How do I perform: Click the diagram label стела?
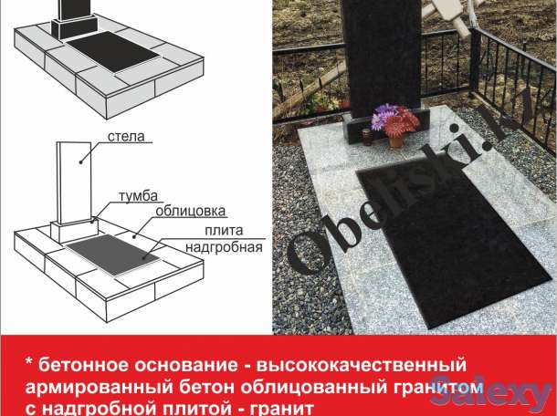[126, 137]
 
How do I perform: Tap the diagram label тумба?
[138, 196]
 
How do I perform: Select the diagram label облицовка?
[191, 211]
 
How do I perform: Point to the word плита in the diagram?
[224, 231]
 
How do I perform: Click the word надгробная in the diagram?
[224, 247]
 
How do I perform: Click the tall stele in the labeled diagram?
[74, 182]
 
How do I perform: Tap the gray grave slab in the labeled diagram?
[113, 255]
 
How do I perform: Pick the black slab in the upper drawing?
[113, 52]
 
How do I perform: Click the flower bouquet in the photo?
[394, 120]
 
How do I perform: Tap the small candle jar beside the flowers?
[367, 137]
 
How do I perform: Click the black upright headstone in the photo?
[382, 58]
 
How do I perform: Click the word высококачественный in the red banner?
[361, 365]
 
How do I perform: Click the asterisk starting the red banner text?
[29, 362]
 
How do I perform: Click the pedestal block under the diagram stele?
[74, 231]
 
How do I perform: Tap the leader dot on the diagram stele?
[80, 162]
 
